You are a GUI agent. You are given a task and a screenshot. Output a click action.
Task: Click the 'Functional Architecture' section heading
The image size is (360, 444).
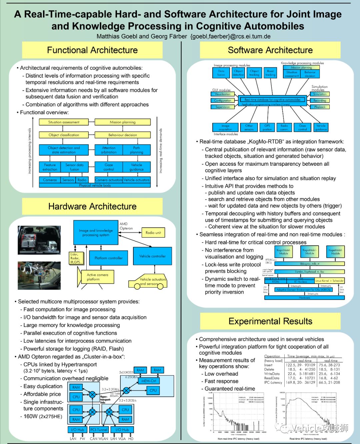tap(92, 50)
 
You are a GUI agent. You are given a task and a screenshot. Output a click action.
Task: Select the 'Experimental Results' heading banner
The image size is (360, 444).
tap(270, 321)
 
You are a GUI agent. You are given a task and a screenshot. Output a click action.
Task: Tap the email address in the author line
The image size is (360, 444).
tap(230, 36)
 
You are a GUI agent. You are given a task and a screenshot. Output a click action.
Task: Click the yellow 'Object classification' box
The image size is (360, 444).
tap(64, 135)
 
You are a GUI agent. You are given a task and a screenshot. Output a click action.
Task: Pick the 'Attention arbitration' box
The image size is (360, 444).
tap(109, 150)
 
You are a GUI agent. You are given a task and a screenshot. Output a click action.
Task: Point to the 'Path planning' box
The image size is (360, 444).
tap(136, 150)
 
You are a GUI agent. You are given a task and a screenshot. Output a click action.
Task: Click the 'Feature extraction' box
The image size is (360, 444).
tap(50, 167)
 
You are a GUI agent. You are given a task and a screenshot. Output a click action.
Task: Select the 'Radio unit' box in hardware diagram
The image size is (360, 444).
tap(153, 233)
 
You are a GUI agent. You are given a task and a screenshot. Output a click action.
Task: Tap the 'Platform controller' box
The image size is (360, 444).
tap(108, 258)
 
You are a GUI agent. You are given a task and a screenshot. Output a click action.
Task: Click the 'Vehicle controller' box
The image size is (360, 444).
tap(152, 256)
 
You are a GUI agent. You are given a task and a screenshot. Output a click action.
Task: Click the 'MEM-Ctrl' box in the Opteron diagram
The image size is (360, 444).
tap(149, 381)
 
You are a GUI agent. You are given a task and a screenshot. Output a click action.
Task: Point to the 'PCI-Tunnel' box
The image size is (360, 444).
tap(99, 430)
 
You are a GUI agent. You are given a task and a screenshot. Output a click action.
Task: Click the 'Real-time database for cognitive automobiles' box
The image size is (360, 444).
tap(273, 99)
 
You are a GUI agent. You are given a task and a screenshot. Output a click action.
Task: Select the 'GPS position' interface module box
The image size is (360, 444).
tap(267, 127)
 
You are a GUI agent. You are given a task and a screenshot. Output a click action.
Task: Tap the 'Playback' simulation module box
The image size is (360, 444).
tap(320, 107)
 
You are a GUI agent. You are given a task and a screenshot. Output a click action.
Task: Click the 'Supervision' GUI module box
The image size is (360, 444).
tap(223, 107)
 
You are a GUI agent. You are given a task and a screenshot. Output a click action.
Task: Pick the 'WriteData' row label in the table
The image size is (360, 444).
tap(272, 374)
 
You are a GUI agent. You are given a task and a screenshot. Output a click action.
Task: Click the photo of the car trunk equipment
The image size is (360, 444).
tap(39, 240)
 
